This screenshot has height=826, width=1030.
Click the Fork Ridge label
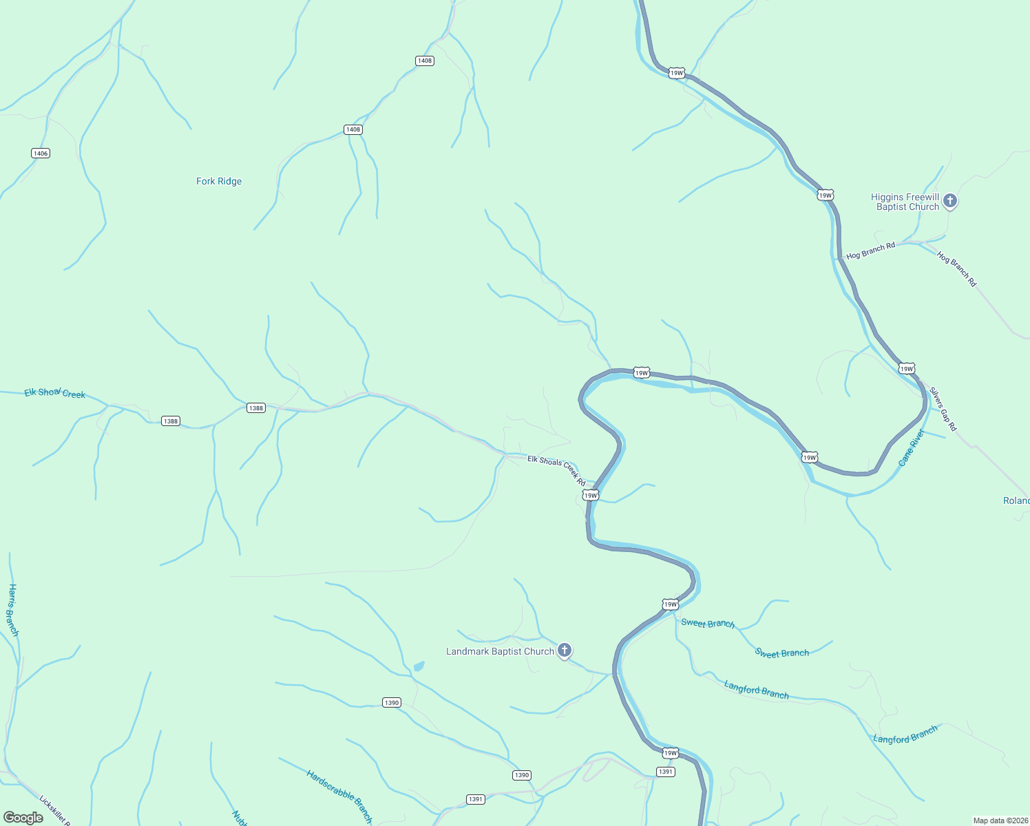point(219,182)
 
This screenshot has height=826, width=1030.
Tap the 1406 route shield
point(41,153)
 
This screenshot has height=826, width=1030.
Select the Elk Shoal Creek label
point(55,393)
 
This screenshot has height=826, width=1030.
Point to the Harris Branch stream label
point(12,610)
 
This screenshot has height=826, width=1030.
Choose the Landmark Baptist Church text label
point(500,651)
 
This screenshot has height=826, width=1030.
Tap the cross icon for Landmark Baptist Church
point(564,650)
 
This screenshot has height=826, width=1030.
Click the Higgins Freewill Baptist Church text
point(905,202)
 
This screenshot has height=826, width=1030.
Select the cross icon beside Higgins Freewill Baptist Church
point(950,200)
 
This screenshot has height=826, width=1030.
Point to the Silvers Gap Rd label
point(943,410)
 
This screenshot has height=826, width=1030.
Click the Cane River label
point(912,447)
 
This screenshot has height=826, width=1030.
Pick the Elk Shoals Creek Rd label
point(556,470)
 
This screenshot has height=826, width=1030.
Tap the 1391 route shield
point(665,772)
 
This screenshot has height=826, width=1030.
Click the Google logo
point(23,818)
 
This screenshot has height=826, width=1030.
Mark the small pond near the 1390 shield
point(419,666)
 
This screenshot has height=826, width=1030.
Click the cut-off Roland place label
point(1016,500)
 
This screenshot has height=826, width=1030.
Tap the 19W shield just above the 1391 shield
point(671,753)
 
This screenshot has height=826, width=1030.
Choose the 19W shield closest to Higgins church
point(826,195)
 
